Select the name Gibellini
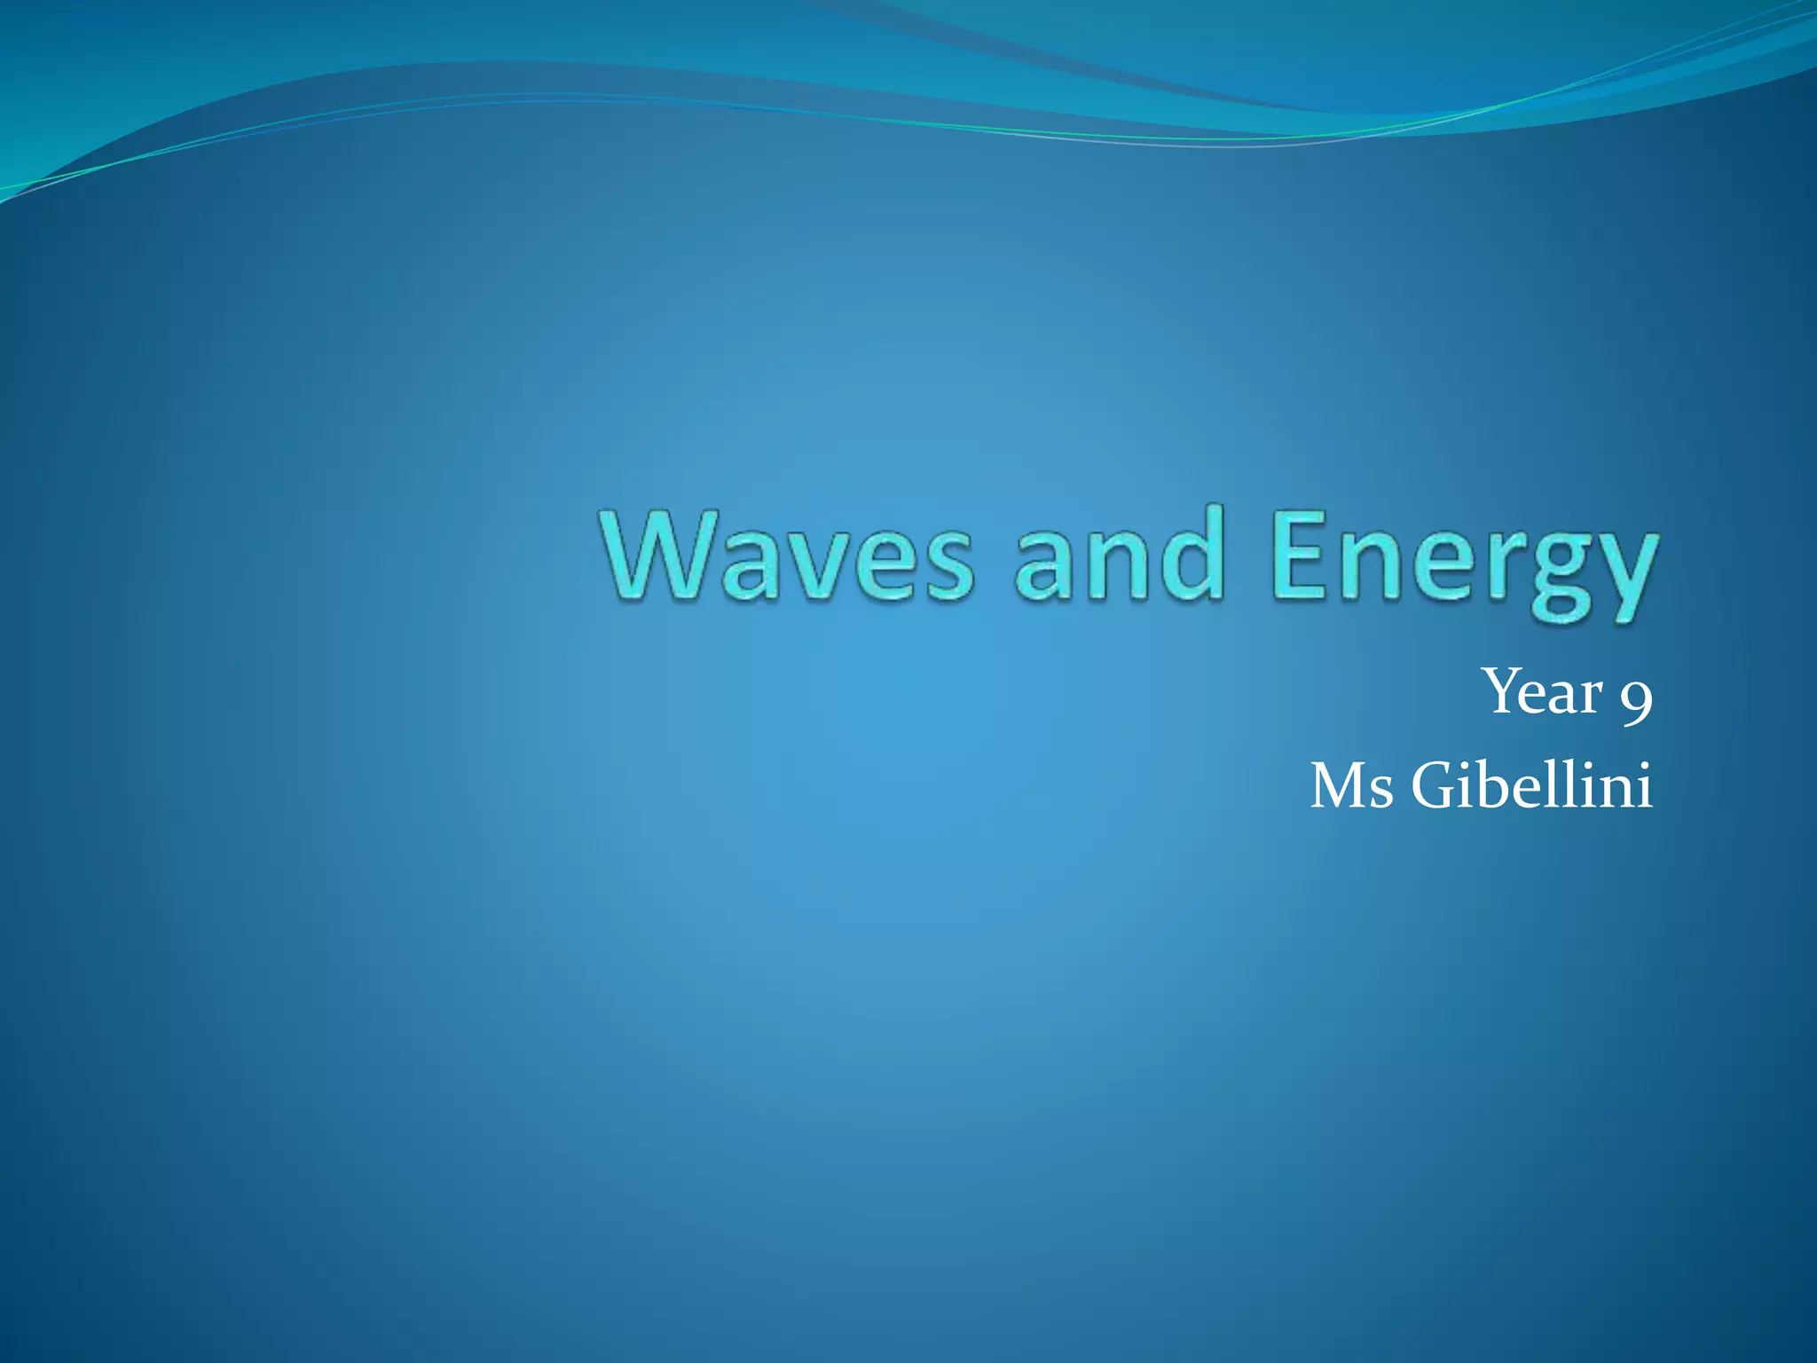point(1532,784)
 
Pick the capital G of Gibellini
point(1437,786)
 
